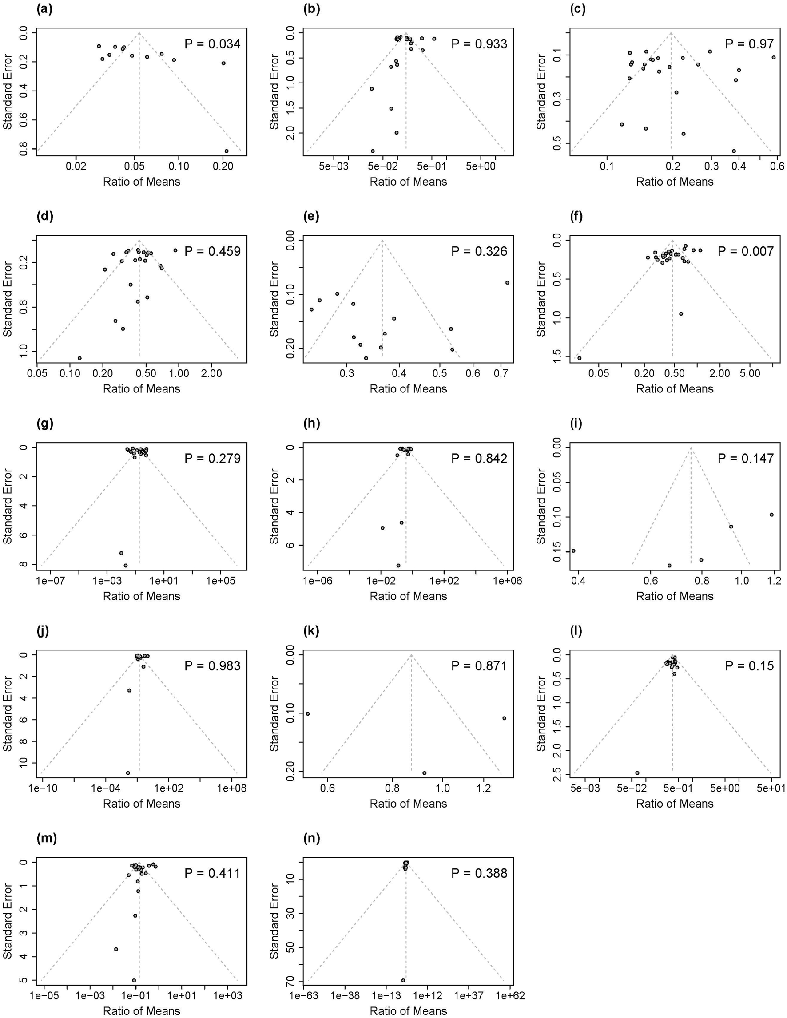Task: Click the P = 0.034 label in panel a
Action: pyautogui.click(x=213, y=44)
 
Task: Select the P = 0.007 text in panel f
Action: pyautogui.click(x=746, y=252)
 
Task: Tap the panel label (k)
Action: pyautogui.click(x=311, y=631)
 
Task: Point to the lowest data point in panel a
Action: pyautogui.click(x=227, y=151)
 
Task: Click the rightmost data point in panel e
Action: pyautogui.click(x=507, y=283)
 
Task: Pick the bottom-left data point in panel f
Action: pyautogui.click(x=580, y=358)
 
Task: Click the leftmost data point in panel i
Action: pyautogui.click(x=573, y=551)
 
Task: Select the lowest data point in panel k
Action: pyautogui.click(x=424, y=773)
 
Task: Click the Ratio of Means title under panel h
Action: pyautogui.click(x=408, y=596)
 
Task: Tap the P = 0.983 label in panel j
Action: pyautogui.click(x=213, y=666)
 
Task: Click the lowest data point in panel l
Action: pyautogui.click(x=637, y=773)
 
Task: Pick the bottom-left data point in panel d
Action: pyautogui.click(x=80, y=358)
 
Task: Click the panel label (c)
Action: pyautogui.click(x=578, y=9)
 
